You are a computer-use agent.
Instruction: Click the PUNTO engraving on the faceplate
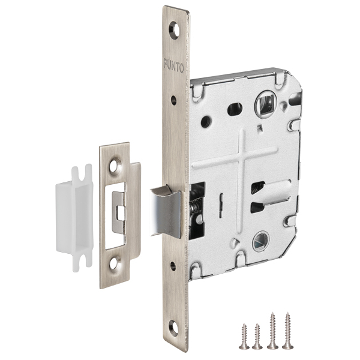[x=173, y=66]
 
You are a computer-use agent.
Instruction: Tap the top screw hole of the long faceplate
[x=174, y=30]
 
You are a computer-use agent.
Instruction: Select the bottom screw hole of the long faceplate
[x=174, y=328]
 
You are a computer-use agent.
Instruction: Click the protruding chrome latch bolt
[x=166, y=211]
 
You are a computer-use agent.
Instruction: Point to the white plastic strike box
[x=74, y=218]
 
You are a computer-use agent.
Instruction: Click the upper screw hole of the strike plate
[x=115, y=166]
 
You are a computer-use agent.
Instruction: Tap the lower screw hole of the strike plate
[x=115, y=263]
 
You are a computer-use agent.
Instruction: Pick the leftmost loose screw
[x=244, y=337]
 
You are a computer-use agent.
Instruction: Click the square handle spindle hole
[x=266, y=104]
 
